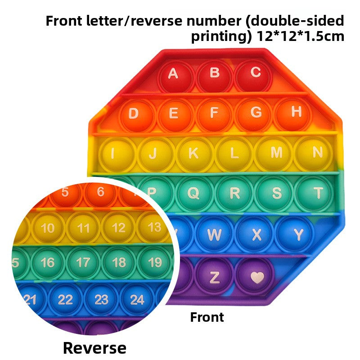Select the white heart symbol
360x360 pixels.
coord(257,277)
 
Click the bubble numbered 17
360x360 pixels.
coord(83,263)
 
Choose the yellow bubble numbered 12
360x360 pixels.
coord(118,228)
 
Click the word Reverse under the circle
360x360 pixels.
coord(94,348)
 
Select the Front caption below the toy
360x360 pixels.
coord(207,317)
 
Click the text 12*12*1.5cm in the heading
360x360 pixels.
coord(300,36)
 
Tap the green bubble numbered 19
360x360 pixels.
coord(154,262)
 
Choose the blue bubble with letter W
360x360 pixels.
coord(214,234)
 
